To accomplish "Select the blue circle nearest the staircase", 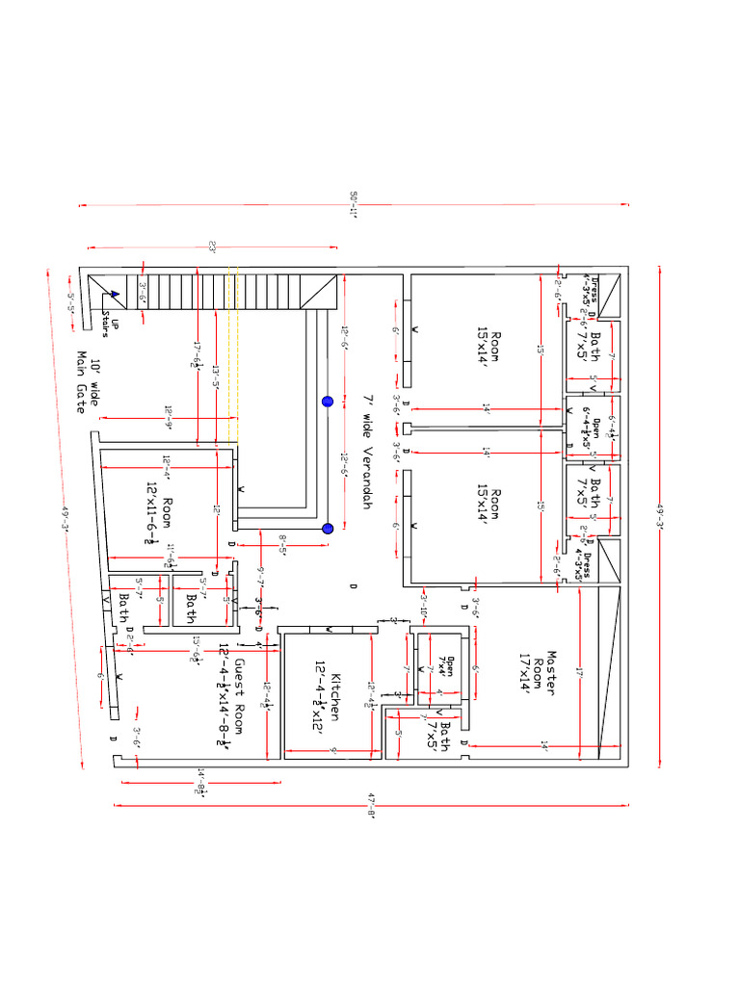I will [327, 402].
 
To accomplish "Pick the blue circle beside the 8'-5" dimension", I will [327, 528].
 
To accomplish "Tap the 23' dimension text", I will [211, 246].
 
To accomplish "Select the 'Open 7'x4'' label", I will [444, 665].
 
